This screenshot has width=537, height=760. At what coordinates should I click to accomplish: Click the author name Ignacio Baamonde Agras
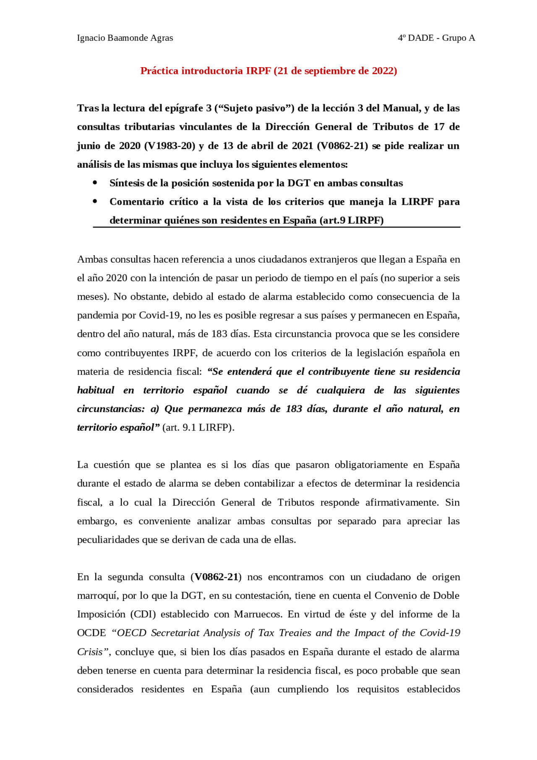tap(125, 38)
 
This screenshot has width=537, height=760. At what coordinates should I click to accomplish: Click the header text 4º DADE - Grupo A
tap(436, 38)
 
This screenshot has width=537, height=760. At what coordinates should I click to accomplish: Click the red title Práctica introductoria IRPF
tap(268, 71)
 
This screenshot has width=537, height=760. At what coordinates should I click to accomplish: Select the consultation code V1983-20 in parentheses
tap(169, 146)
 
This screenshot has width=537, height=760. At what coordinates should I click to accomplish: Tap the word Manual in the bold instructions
tap(404, 108)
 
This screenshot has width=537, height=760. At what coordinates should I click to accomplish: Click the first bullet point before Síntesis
tap(95, 183)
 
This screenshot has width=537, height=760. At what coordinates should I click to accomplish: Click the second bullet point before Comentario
tap(95, 201)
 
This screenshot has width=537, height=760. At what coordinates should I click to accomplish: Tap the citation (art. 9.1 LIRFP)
tap(198, 428)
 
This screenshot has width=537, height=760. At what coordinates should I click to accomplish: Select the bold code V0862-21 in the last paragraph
tap(216, 577)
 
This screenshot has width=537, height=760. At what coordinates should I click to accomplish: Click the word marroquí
tap(97, 596)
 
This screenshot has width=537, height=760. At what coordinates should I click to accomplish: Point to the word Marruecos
tap(258, 614)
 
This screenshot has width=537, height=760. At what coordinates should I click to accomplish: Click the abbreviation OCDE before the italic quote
tap(91, 633)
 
